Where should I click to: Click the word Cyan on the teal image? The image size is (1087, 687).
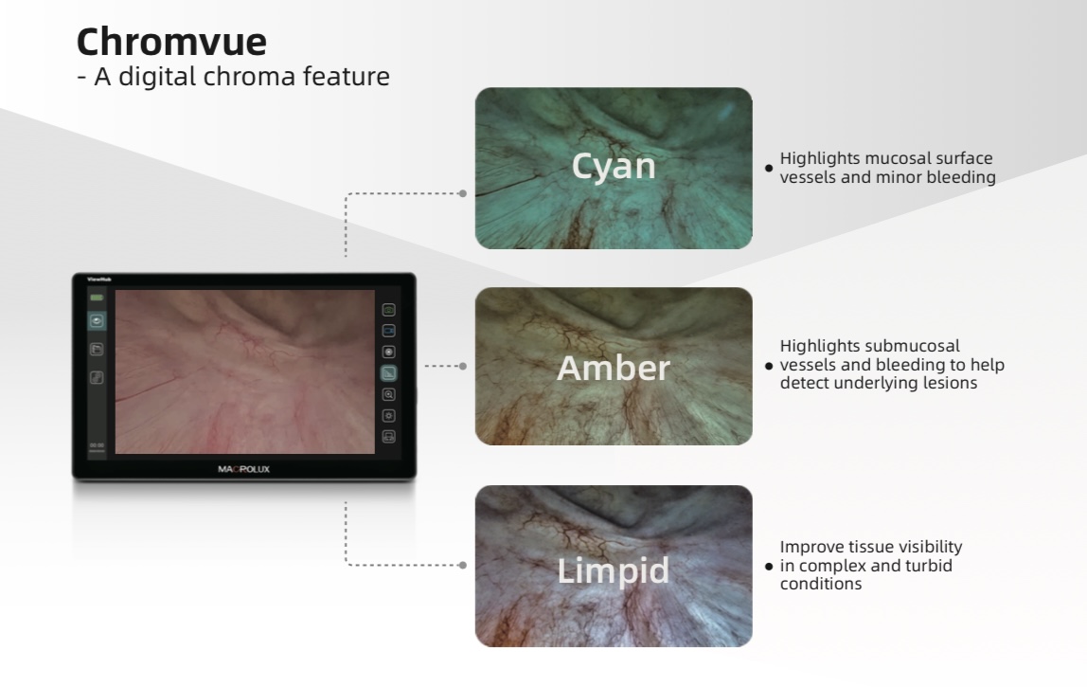[x=614, y=166]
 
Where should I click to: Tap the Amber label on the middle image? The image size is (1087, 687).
[x=614, y=368]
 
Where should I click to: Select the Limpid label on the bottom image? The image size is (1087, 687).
[x=614, y=570]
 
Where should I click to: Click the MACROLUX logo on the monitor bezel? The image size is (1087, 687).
[x=244, y=469]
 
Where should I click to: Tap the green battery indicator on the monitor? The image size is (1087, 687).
[x=97, y=298]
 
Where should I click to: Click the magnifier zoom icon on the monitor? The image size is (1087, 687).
[x=389, y=394]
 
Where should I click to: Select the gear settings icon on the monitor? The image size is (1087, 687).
[x=389, y=416]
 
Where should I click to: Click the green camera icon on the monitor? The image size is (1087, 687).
[x=389, y=310]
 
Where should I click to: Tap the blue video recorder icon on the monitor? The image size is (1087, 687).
[x=389, y=331]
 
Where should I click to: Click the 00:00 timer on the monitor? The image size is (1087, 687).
[x=97, y=445]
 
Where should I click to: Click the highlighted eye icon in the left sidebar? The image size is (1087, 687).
[x=97, y=320]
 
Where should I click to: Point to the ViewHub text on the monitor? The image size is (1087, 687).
[x=99, y=280]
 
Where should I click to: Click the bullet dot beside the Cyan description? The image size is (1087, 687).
[x=768, y=168]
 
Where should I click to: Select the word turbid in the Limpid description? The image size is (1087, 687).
[x=929, y=566]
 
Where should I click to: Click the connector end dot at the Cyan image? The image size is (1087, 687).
[x=463, y=193]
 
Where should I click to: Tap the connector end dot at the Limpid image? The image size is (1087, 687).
[x=463, y=565]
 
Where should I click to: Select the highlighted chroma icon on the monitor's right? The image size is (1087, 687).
[x=389, y=373]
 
